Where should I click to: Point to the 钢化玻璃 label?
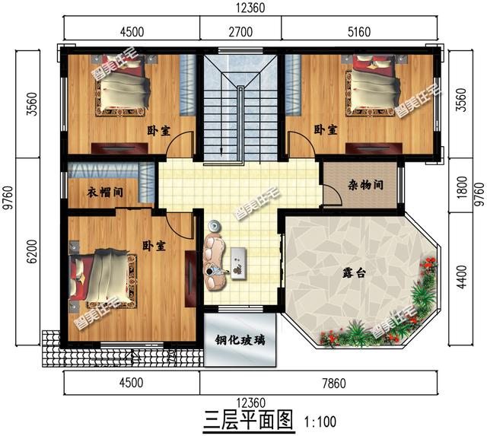[x=240, y=340]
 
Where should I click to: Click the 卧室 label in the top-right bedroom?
[x=326, y=131]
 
